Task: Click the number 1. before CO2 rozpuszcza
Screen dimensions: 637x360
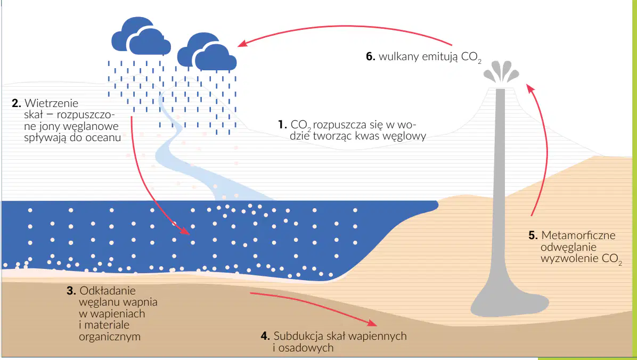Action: [282, 125]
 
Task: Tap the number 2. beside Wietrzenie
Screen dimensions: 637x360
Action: [17, 103]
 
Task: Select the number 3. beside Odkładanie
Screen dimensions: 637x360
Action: [71, 291]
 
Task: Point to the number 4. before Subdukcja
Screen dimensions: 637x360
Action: [265, 337]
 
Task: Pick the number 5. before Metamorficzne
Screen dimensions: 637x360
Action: [533, 235]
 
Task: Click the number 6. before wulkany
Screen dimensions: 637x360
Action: [371, 56]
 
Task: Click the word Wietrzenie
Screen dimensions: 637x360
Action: [52, 103]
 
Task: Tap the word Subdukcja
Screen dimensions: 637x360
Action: [299, 336]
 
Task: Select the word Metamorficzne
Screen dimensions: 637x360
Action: [578, 235]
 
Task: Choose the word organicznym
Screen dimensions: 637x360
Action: [110, 337]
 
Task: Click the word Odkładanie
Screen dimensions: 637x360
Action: [108, 291]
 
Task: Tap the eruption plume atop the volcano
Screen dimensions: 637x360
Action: [501, 72]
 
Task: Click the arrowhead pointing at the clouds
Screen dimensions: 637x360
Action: [242, 44]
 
